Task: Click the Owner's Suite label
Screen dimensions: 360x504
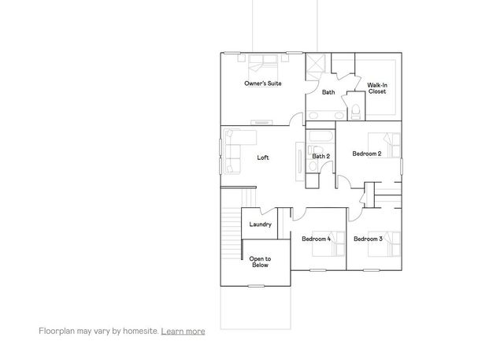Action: pyautogui.click(x=262, y=84)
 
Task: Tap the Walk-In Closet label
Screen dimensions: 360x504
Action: pyautogui.click(x=376, y=88)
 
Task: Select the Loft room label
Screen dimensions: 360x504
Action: pyautogui.click(x=263, y=158)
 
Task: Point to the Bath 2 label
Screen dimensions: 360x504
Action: pyautogui.click(x=321, y=156)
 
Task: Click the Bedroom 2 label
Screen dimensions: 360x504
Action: pyautogui.click(x=367, y=154)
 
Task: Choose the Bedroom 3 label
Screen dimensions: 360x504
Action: pyautogui.click(x=368, y=239)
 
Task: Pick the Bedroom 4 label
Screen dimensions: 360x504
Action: pyautogui.click(x=316, y=239)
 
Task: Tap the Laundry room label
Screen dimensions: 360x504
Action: pyautogui.click(x=260, y=225)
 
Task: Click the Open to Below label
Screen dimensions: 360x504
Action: pyautogui.click(x=260, y=262)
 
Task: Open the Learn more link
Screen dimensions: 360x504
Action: pyautogui.click(x=183, y=332)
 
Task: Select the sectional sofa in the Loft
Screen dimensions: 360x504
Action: pyautogui.click(x=235, y=150)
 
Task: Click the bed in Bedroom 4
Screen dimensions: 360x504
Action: pyautogui.click(x=335, y=246)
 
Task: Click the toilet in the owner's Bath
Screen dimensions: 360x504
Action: pyautogui.click(x=355, y=112)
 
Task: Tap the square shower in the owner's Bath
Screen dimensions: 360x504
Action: pyautogui.click(x=317, y=65)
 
